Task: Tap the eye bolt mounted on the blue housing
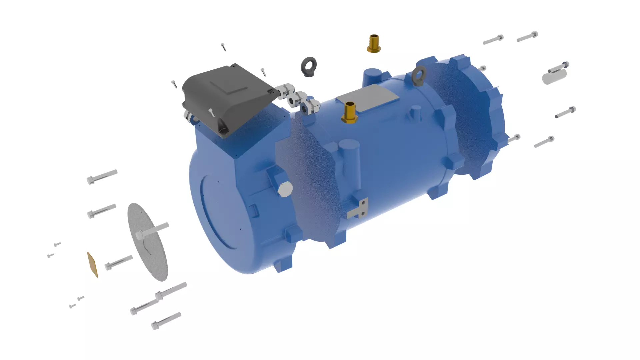[419, 75]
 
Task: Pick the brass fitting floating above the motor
[374, 44]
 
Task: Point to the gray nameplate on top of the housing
[367, 98]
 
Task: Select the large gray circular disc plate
[148, 242]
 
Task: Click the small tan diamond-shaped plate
[93, 265]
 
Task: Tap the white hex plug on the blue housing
[285, 190]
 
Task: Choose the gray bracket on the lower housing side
[358, 209]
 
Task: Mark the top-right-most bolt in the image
[527, 37]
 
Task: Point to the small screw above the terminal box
[223, 47]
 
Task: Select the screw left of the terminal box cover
[174, 84]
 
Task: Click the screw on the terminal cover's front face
[211, 112]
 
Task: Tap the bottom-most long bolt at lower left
[166, 321]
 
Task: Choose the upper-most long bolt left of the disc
[102, 176]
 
